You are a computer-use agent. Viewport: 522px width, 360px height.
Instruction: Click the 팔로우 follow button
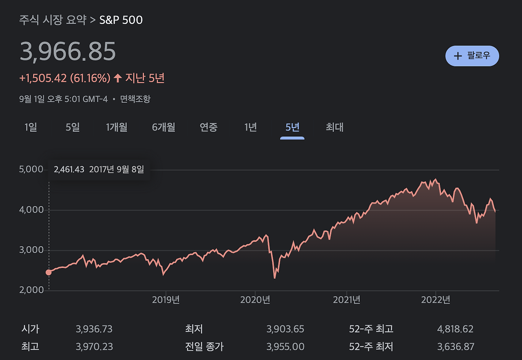pyautogui.click(x=472, y=56)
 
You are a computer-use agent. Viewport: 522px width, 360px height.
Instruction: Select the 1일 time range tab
pyautogui.click(x=31, y=127)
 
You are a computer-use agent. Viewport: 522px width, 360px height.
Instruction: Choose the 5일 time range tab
pyautogui.click(x=73, y=127)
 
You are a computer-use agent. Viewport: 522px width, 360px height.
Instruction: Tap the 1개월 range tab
pyautogui.click(x=117, y=127)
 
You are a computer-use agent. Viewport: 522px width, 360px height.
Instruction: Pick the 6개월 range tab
pyautogui.click(x=164, y=127)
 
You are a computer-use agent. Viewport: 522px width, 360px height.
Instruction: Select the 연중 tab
pyautogui.click(x=208, y=127)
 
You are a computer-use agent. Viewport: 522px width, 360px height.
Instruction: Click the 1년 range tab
pyautogui.click(x=250, y=127)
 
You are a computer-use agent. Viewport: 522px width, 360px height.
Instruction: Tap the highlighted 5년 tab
pyautogui.click(x=292, y=127)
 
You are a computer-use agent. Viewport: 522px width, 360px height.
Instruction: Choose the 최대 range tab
pyautogui.click(x=334, y=127)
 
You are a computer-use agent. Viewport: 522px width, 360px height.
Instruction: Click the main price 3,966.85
pyautogui.click(x=68, y=52)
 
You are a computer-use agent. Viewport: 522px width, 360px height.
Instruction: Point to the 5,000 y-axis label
pyautogui.click(x=31, y=169)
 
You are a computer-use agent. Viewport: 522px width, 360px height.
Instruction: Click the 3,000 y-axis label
pyautogui.click(x=31, y=250)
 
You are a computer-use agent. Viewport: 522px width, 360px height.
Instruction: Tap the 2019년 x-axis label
pyautogui.click(x=166, y=300)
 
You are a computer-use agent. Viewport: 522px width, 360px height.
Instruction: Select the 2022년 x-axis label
pyautogui.click(x=436, y=300)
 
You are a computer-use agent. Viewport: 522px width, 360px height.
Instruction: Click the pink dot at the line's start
pyautogui.click(x=49, y=272)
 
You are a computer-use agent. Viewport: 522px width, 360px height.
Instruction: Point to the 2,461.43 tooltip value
pyautogui.click(x=69, y=169)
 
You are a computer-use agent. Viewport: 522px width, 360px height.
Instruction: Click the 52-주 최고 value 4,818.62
pyautogui.click(x=455, y=329)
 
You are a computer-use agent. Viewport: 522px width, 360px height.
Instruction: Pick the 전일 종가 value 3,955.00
pyautogui.click(x=285, y=347)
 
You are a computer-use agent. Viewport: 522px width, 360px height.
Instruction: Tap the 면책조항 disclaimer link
pyautogui.click(x=135, y=99)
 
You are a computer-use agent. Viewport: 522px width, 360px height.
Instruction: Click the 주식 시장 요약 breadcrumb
pyautogui.click(x=53, y=20)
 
